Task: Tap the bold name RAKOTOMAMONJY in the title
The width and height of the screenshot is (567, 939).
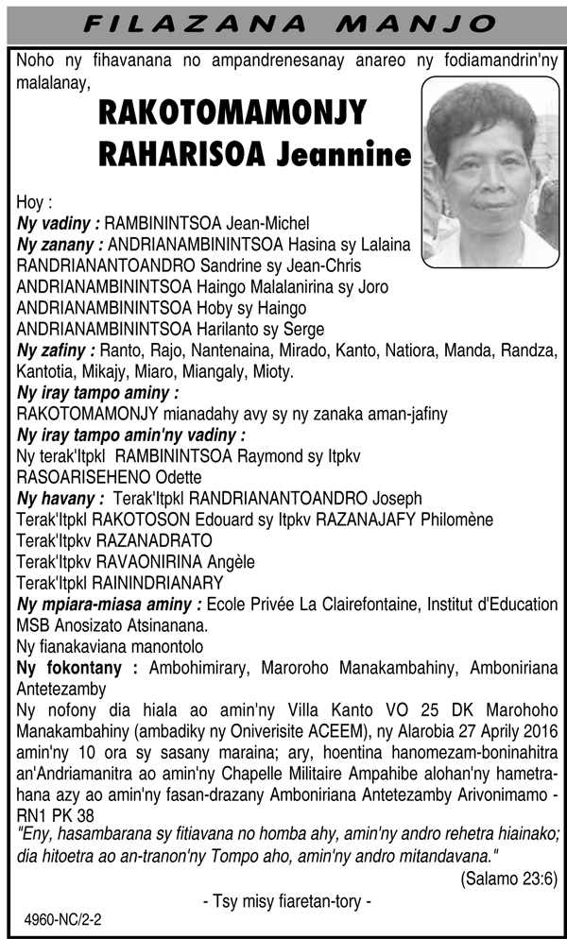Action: coord(232,115)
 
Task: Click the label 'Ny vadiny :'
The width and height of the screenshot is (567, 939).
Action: coord(59,224)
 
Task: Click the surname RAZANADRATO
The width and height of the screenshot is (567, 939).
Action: coord(139,540)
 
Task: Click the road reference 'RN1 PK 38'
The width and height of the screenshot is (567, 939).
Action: coord(56,814)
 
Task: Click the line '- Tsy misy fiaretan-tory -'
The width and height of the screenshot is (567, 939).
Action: coord(286,902)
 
